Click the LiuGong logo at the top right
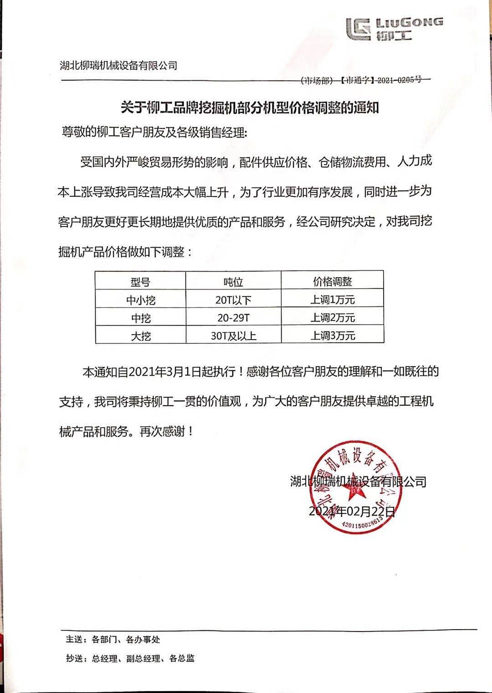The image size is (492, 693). (394, 29)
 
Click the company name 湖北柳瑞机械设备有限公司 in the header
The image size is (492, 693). (118, 66)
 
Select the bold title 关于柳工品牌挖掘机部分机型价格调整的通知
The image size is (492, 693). (250, 108)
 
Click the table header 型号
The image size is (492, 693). (140, 282)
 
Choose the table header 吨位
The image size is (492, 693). (233, 282)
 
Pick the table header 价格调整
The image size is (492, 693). (333, 281)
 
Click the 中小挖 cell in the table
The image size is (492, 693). (140, 300)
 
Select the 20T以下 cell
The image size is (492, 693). (233, 300)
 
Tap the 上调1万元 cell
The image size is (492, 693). (333, 300)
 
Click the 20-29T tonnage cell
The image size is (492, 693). (233, 318)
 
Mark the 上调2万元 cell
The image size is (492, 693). (333, 317)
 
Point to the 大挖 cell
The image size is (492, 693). (140, 336)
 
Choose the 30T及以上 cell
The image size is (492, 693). (233, 336)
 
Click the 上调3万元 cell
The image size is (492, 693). (333, 336)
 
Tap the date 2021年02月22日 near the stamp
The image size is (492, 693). (352, 511)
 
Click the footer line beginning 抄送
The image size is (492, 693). (130, 658)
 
